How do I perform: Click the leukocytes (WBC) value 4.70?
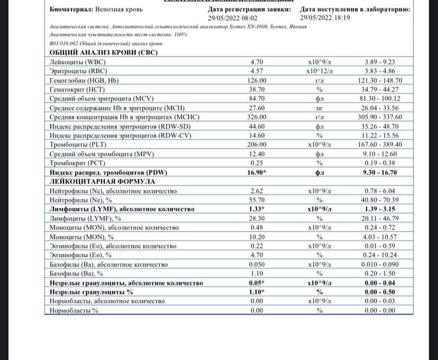256,62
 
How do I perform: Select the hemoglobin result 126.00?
256,80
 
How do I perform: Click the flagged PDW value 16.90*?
256,172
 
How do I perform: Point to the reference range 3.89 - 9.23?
380,62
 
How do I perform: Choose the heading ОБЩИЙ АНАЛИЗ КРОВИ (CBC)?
104,53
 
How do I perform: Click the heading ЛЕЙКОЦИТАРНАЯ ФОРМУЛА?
99,181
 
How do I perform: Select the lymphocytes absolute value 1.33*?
256,209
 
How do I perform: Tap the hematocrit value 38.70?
256,89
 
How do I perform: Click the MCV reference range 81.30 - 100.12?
380,98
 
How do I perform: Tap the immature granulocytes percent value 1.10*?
256,292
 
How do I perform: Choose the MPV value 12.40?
256,154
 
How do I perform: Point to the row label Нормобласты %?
74,310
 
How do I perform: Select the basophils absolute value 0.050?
256,264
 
